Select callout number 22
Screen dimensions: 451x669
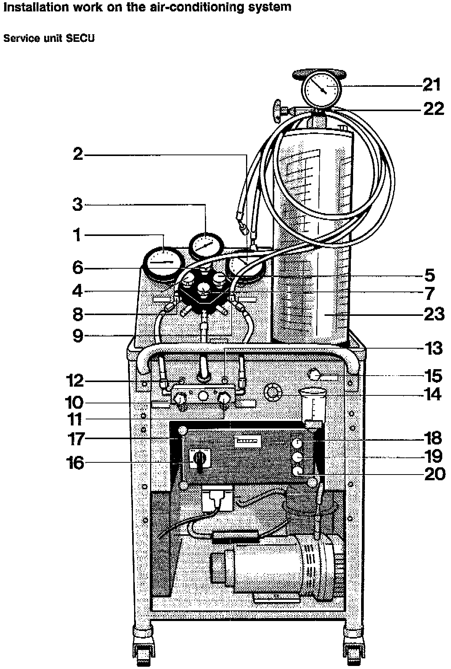[434, 109]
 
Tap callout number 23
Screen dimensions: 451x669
[434, 315]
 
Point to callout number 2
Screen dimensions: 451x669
[78, 155]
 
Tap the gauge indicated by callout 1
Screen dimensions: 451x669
[163, 262]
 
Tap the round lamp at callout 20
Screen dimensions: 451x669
[297, 471]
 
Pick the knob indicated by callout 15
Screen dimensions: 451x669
[314, 376]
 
